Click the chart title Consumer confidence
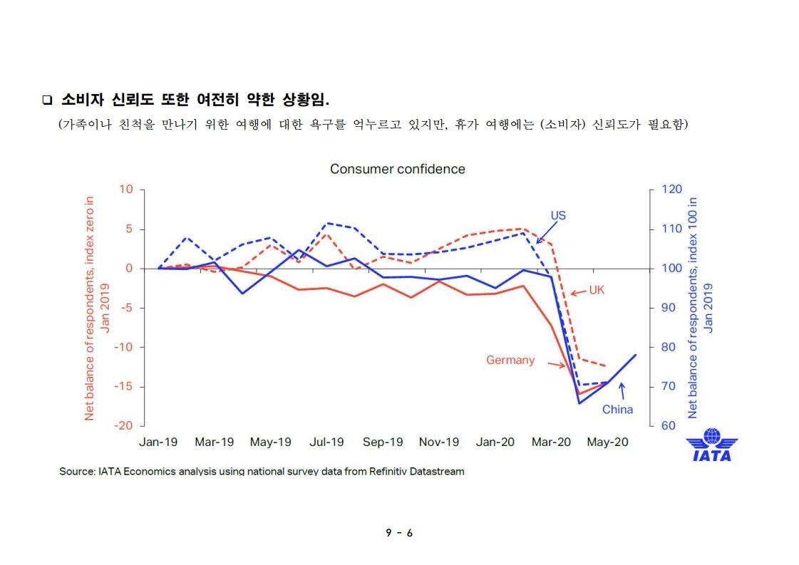click(x=397, y=170)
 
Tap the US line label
click(x=558, y=215)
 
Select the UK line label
click(x=597, y=290)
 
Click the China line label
click(x=617, y=409)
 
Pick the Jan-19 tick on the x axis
click(x=158, y=442)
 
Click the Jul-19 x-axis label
click(x=326, y=442)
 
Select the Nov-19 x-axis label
click(x=439, y=442)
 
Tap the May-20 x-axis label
click(x=607, y=442)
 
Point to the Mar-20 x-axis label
click(x=551, y=442)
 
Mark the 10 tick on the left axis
click(x=127, y=189)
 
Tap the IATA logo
click(x=711, y=445)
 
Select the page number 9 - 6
click(x=399, y=533)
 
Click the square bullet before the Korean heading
click(x=47, y=98)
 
